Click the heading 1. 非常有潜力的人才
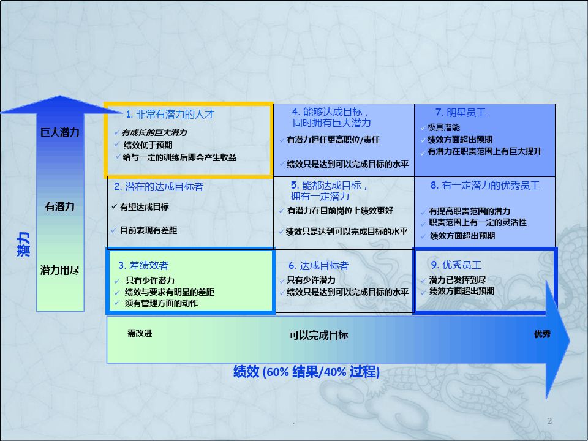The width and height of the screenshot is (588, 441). pos(170,114)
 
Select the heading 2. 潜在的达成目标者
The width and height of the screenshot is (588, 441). pos(158,186)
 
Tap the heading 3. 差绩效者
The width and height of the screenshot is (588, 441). pos(143,265)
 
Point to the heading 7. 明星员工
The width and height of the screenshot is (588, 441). pos(461,113)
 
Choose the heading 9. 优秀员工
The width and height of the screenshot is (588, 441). pos(456,265)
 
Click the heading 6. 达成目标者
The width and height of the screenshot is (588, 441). pos(318,265)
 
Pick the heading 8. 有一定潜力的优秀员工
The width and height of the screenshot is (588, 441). pos(485,185)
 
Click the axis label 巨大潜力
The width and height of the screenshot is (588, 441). pos(60,132)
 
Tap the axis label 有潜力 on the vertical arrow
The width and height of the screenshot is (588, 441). pos(60,206)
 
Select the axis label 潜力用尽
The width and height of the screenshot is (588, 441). pos(60,270)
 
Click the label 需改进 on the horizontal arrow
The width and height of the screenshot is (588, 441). pos(140,333)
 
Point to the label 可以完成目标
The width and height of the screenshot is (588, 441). pos(318,335)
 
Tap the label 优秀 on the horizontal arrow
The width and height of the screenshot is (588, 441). pos(542,334)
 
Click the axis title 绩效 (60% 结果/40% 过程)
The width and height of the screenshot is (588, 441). pos(306,372)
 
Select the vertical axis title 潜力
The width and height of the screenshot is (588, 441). pos(23,244)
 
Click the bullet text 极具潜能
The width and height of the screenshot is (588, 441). pos(443,127)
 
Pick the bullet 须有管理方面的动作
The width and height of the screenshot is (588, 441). pos(161,303)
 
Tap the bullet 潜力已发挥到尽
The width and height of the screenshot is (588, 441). pos(458,280)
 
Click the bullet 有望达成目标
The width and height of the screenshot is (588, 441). pos(145,207)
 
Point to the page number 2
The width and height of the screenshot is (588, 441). pos(549,421)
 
